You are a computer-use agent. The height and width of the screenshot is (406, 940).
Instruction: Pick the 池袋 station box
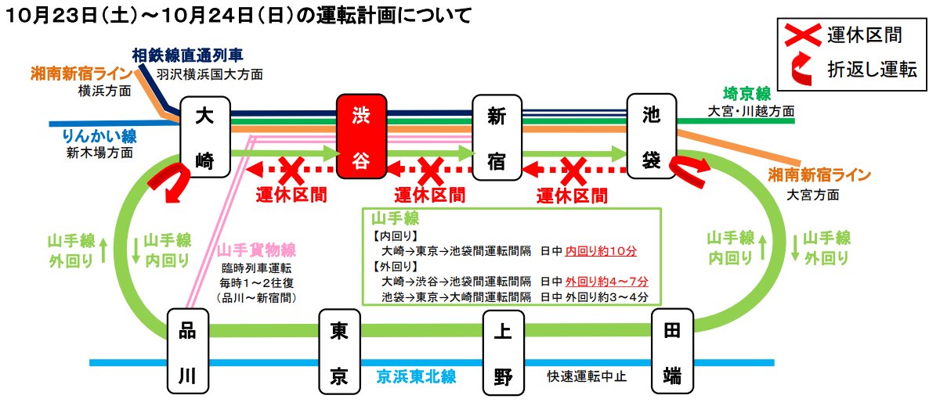coord(652,137)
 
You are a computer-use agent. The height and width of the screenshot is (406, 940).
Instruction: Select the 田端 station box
coord(672,352)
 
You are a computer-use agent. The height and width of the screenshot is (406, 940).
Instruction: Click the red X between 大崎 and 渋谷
coord(289,167)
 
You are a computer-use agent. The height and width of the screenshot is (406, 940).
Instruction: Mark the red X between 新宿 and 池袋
coord(573,167)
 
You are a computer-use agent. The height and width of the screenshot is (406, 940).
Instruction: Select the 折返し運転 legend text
coord(872,69)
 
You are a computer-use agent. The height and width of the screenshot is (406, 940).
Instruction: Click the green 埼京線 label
coord(748,93)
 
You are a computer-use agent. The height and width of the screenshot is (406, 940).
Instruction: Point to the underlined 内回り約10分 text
coord(600,252)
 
